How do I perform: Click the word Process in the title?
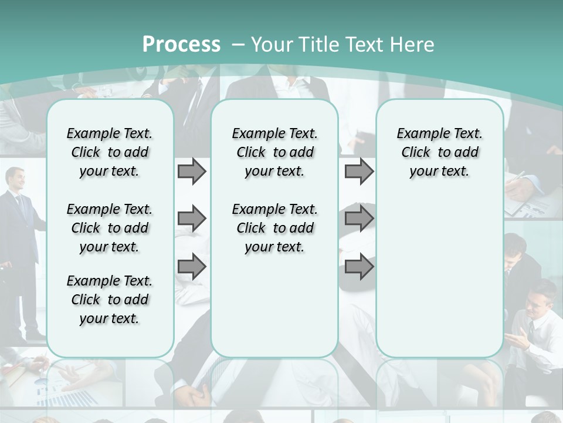click(181, 45)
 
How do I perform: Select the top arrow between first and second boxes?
click(192, 172)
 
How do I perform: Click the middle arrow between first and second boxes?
click(192, 219)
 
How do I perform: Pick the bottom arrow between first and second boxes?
click(192, 267)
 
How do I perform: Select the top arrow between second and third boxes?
click(359, 172)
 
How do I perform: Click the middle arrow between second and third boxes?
click(359, 219)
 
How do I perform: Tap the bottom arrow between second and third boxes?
click(359, 267)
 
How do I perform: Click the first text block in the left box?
click(110, 152)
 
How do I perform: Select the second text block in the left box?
click(110, 228)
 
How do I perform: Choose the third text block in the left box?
click(110, 300)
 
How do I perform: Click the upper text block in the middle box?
click(274, 152)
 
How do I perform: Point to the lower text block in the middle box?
click(274, 228)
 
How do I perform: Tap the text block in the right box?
click(439, 152)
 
